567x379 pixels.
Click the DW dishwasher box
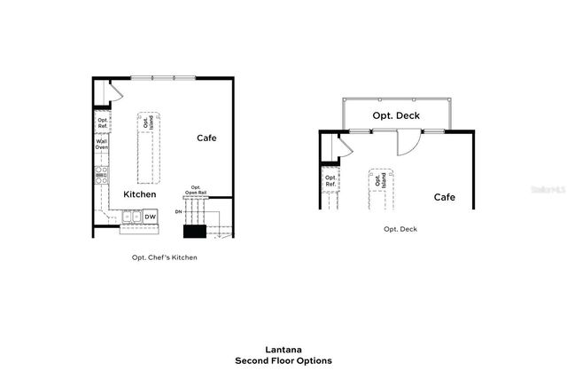pos(151,216)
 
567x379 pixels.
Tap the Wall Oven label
pos(102,144)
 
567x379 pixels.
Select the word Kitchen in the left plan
pos(140,194)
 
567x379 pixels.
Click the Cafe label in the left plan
pos(206,138)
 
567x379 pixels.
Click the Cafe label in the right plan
pos(444,197)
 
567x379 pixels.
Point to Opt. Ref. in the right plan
pos(330,180)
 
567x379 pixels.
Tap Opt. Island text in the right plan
pos(380,180)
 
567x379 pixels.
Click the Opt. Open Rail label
pos(197,190)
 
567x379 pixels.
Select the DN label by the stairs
pos(178,212)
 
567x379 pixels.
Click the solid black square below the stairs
pos(194,232)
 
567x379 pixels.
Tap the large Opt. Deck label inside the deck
pos(396,116)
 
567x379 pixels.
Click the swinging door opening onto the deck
pos(408,142)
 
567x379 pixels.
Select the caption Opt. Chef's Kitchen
pos(159,257)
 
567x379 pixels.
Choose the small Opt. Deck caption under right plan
pos(400,229)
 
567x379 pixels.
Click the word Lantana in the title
pos(283,350)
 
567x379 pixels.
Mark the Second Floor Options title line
pos(283,361)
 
